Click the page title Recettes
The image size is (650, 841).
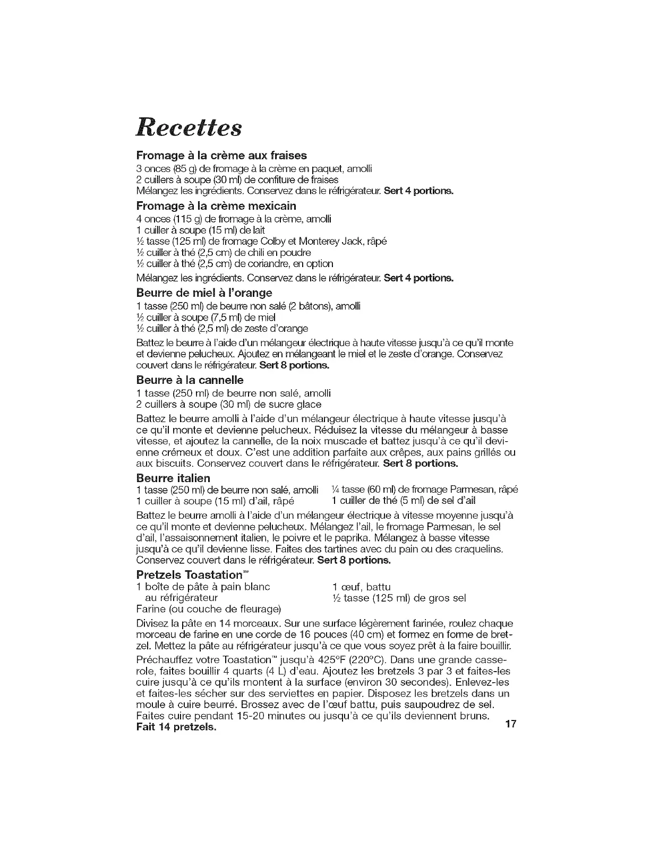tap(189, 128)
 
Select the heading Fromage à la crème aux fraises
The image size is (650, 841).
tap(221, 156)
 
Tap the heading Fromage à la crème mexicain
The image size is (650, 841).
tap(216, 205)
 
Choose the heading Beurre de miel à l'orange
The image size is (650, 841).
tap(204, 293)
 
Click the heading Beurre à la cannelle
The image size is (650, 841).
tap(190, 380)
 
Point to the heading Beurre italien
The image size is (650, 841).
tap(173, 478)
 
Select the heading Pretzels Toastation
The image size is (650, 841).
tap(192, 575)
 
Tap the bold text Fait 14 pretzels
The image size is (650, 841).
tap(176, 727)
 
